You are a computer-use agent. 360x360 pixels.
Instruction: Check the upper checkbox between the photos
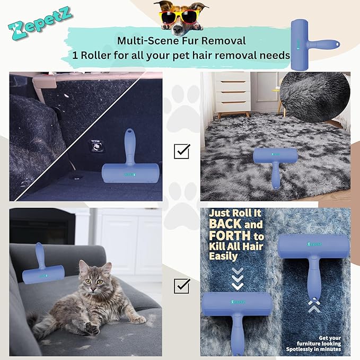(x=182, y=151)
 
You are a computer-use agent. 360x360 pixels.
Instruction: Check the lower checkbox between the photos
(x=182, y=286)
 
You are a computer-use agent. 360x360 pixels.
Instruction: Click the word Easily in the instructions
(x=223, y=257)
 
